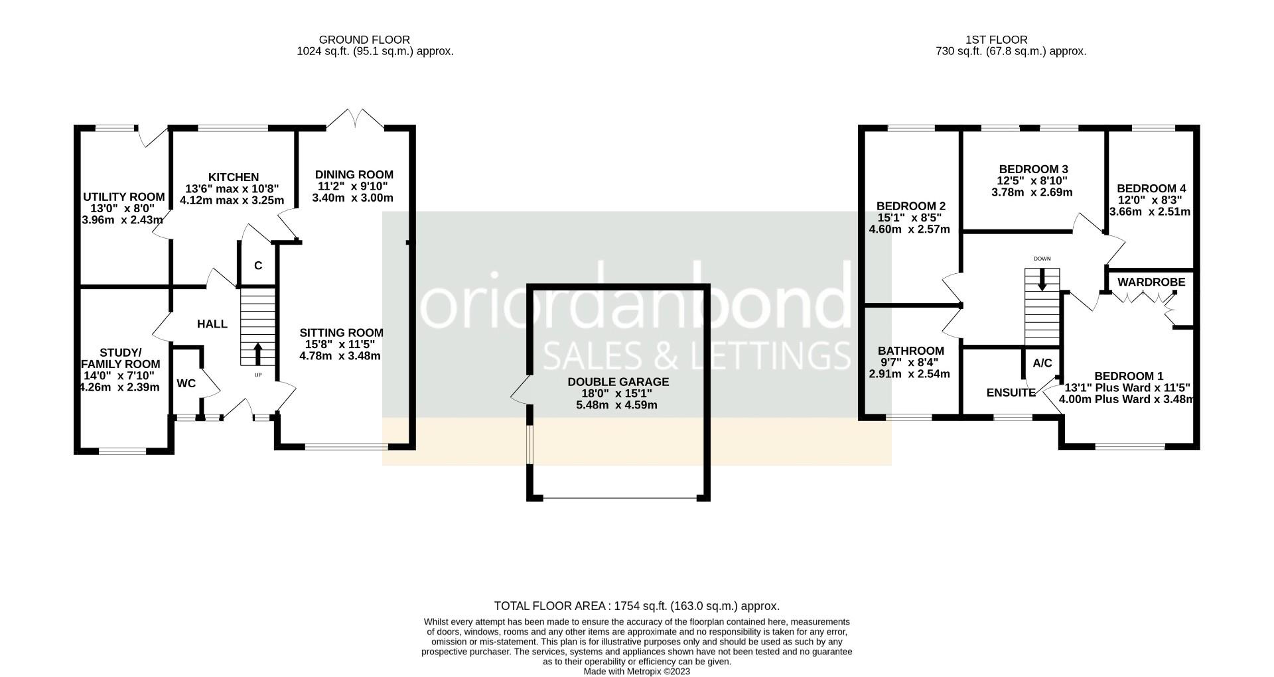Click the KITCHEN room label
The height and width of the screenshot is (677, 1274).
pyautogui.click(x=234, y=177)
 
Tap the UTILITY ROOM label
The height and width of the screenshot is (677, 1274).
pyautogui.click(x=123, y=197)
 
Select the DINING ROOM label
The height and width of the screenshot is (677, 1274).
pyautogui.click(x=354, y=174)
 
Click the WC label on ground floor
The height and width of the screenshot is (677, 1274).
pyautogui.click(x=186, y=383)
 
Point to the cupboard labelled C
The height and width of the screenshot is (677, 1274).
pyautogui.click(x=258, y=266)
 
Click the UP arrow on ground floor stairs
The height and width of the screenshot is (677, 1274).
pyautogui.click(x=257, y=354)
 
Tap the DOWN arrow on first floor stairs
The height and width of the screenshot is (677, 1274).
pyautogui.click(x=1042, y=278)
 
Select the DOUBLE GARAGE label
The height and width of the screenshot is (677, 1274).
pyautogui.click(x=618, y=382)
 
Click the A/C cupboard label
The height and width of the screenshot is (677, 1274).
pyautogui.click(x=1042, y=363)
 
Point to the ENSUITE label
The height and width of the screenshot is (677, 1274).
pyautogui.click(x=1011, y=393)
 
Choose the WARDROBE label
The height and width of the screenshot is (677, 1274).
pyautogui.click(x=1151, y=282)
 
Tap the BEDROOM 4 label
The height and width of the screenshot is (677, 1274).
pyautogui.click(x=1151, y=188)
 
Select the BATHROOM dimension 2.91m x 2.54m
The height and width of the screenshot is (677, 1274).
pyautogui.click(x=909, y=374)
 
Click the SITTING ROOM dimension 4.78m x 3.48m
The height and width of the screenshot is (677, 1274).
pyautogui.click(x=340, y=356)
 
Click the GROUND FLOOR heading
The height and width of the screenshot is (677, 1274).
pyautogui.click(x=364, y=40)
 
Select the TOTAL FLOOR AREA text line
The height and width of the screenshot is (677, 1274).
pyautogui.click(x=636, y=606)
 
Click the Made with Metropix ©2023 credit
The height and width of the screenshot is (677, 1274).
pyautogui.click(x=636, y=671)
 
